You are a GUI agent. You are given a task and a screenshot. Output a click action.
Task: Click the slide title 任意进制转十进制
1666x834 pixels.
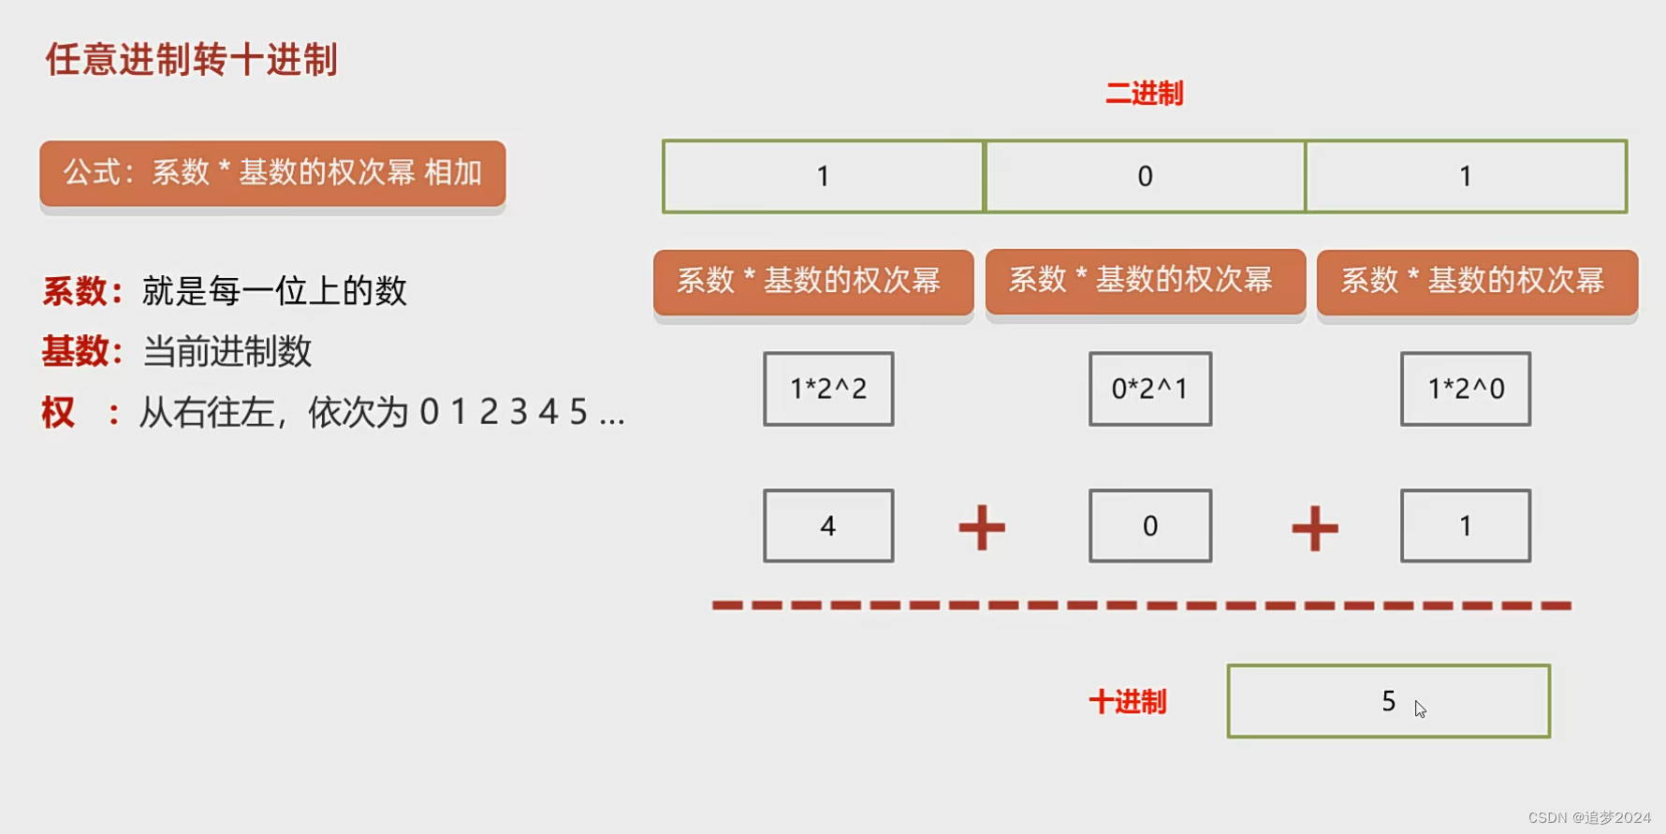pos(191,60)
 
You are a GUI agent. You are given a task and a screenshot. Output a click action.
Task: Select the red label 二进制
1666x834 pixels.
pos(1144,94)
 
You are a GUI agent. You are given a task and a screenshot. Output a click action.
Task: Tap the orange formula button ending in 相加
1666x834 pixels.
pos(272,173)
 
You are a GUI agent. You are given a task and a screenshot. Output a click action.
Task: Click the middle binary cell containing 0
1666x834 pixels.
pos(1145,176)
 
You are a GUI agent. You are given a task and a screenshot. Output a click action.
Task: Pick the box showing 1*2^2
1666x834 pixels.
pos(828,388)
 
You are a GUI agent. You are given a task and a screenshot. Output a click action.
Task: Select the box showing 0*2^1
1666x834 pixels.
pos(1149,388)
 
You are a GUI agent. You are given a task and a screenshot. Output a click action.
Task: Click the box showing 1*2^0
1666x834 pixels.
pos(1465,388)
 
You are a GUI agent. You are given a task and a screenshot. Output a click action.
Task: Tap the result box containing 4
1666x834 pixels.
pos(828,525)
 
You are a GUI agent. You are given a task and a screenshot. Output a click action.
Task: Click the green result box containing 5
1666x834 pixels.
pos(1388,701)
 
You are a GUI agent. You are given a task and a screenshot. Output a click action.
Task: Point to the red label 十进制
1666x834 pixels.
pos(1128,701)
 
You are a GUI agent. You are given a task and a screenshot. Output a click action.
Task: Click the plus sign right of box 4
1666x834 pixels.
pos(982,528)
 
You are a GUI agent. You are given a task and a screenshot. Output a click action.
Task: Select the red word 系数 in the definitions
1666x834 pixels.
pos(75,291)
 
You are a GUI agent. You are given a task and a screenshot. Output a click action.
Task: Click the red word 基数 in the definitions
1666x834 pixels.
pos(75,352)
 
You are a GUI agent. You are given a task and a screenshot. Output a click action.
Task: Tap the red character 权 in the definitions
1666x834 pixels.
pos(58,412)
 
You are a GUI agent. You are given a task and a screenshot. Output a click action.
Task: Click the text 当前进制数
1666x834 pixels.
pos(227,352)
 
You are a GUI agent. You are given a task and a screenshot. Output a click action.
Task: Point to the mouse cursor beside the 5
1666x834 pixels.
pos(1420,709)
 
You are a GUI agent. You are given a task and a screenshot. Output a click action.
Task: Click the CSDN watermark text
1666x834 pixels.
pos(1589,817)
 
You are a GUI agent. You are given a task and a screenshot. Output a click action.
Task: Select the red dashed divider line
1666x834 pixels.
pos(1141,606)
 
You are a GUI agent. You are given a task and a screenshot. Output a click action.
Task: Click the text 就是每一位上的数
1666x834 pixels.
pos(274,291)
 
